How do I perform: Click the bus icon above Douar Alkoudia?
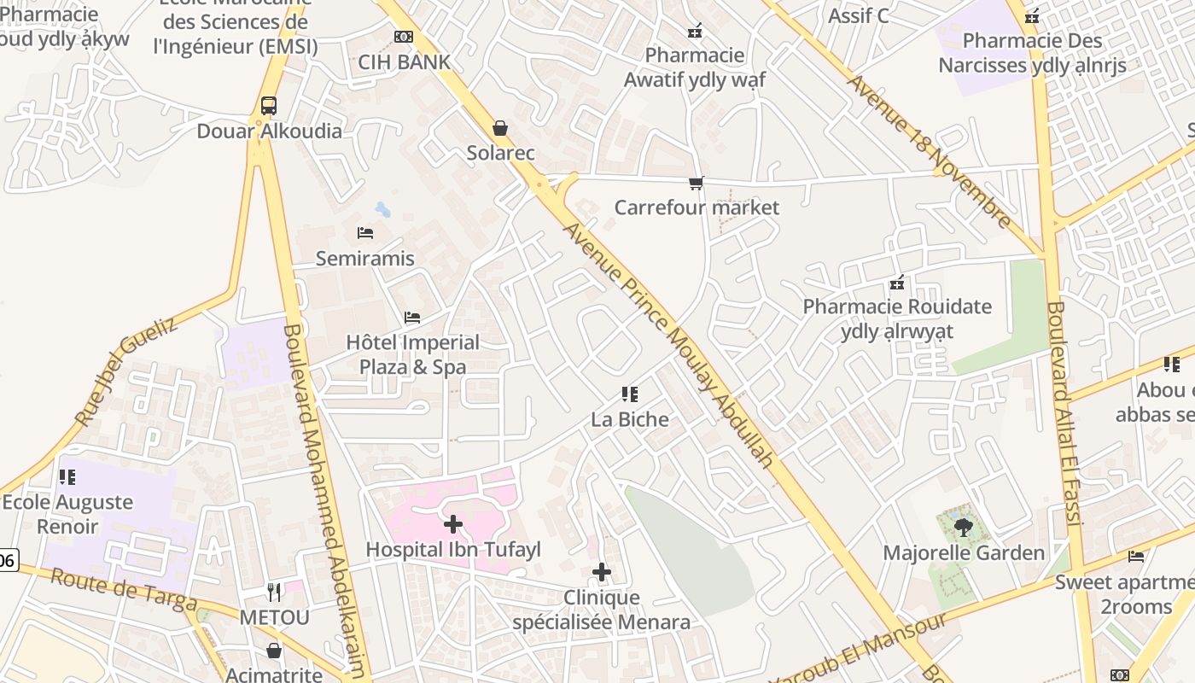click(x=268, y=106)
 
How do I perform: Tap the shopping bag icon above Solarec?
click(x=500, y=128)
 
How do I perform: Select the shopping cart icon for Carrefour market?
click(x=697, y=183)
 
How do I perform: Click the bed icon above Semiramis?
click(x=365, y=233)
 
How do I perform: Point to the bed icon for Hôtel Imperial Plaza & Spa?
click(x=412, y=318)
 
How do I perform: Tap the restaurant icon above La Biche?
click(x=630, y=394)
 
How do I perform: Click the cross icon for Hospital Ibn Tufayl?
click(x=453, y=523)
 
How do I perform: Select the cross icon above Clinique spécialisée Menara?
click(x=602, y=572)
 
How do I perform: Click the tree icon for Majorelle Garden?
click(x=964, y=528)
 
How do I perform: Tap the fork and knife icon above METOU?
click(x=274, y=591)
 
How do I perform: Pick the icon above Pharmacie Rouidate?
click(x=897, y=282)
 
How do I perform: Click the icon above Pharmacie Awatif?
click(x=695, y=31)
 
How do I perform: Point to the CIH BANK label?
click(x=404, y=61)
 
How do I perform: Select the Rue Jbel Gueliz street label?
click(x=125, y=372)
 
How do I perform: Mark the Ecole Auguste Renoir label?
click(x=67, y=514)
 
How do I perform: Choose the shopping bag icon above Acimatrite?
click(x=274, y=651)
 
